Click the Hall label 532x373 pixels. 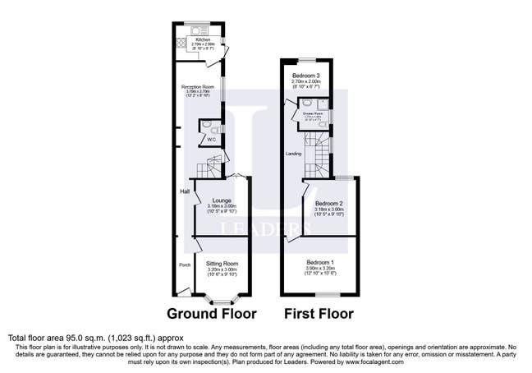coord(186,191)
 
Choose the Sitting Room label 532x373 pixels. coord(222,263)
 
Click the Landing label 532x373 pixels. coord(293,154)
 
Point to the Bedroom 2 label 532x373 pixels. coord(329,203)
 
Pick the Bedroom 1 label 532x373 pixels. coord(321,263)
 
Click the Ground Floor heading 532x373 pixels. coord(212,313)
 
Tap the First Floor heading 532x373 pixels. coord(319,313)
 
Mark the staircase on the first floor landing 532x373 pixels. coord(317,153)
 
